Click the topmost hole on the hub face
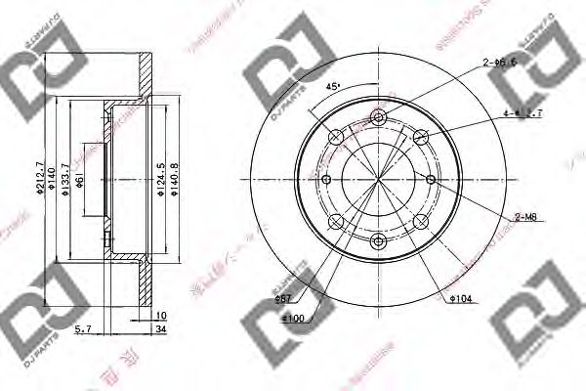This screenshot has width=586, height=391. click(x=379, y=119)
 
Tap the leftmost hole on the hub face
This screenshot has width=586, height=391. click(x=327, y=179)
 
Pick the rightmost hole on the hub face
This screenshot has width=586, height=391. click(x=431, y=179)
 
